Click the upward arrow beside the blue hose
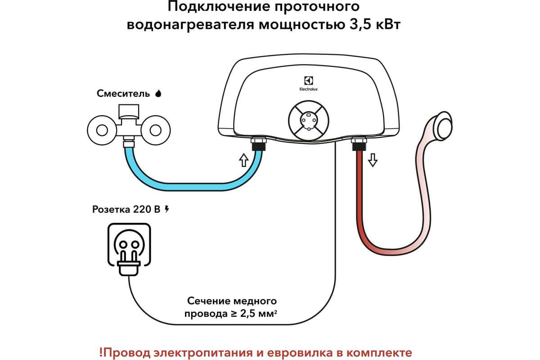click(x=243, y=159)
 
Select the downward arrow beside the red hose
click(x=372, y=159)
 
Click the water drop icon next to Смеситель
click(x=158, y=94)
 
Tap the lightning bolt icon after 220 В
click(x=167, y=209)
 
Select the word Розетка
click(x=111, y=209)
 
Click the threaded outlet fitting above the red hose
click(x=359, y=144)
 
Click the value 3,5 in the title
click(x=358, y=25)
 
